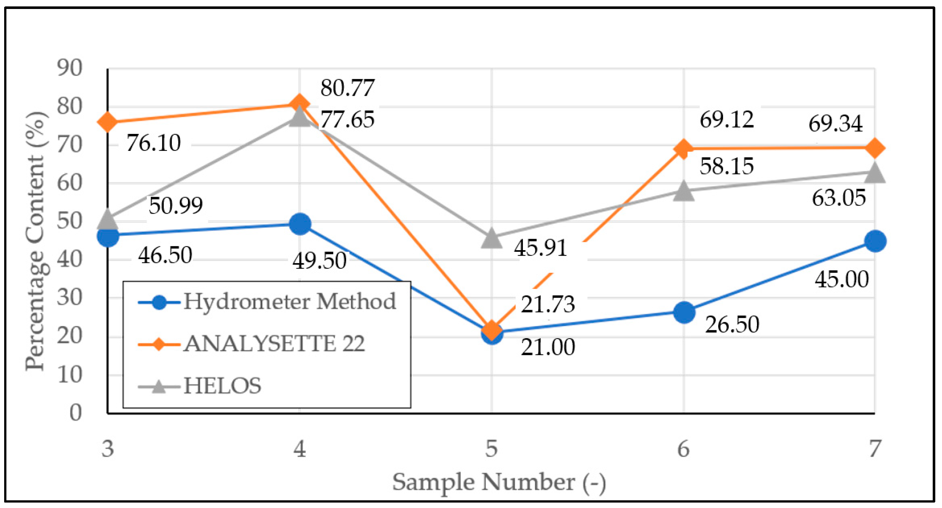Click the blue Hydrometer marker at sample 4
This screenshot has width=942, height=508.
point(300,224)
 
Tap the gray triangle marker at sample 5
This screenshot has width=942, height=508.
point(491,238)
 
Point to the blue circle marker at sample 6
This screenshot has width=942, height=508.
point(684,312)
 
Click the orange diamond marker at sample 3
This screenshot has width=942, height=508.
point(108,122)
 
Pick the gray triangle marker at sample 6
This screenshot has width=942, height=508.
point(684,191)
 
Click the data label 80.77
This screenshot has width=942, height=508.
point(347,88)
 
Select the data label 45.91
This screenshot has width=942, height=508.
point(540,248)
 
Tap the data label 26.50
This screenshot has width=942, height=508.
point(732,324)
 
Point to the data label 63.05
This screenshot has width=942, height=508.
point(839,198)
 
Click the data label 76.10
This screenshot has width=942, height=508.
point(154,143)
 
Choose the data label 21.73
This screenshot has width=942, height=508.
point(548,304)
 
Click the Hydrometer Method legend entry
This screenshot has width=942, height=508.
point(267,302)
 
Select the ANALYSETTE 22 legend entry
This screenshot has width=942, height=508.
point(252,344)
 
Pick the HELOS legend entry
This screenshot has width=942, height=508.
point(200,386)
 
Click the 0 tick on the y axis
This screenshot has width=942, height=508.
point(76,413)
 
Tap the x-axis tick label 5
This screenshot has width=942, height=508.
point(491,449)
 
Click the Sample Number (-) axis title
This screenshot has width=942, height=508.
point(499,482)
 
